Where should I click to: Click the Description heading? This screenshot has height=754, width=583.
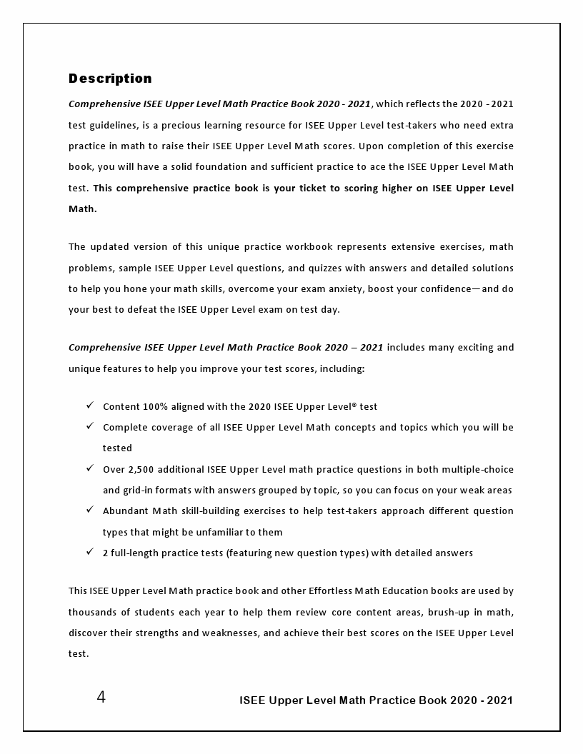[x=110, y=79]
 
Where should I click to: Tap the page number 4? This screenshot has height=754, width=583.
[x=101, y=698]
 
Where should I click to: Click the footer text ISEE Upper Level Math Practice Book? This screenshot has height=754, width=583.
[x=343, y=700]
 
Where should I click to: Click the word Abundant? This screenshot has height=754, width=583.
[x=125, y=511]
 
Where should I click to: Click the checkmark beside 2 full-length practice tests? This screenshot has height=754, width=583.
[x=90, y=552]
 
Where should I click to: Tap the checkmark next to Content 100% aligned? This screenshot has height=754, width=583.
[x=90, y=406]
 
